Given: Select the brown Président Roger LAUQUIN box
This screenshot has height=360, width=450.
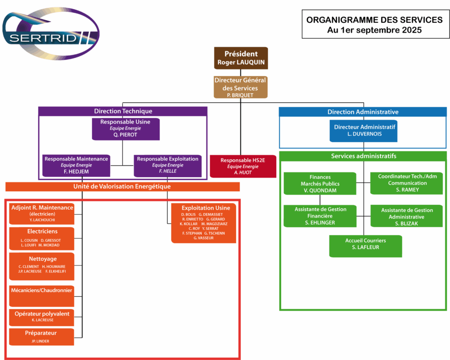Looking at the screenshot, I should tap(241, 58).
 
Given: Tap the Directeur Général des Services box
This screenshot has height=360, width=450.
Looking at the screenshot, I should tap(240, 87).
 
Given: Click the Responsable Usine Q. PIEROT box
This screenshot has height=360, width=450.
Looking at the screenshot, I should tap(125, 128).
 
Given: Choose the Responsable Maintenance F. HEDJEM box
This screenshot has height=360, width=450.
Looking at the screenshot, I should tap(76, 165).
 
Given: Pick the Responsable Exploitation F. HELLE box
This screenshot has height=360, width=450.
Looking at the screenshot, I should tap(167, 165).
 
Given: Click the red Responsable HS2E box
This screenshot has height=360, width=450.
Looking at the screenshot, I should tap(243, 166).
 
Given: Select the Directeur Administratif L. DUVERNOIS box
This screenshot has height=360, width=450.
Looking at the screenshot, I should tap(364, 131).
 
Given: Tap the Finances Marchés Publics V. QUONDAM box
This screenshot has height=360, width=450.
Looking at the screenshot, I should tap(319, 183).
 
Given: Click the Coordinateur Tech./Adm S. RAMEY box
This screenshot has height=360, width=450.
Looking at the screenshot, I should tap(407, 183).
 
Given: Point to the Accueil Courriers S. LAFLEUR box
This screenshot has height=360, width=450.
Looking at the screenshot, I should tap(365, 246).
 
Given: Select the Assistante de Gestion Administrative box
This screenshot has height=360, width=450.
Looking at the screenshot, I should tap(406, 216).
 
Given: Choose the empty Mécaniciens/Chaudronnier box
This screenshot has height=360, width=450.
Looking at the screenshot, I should tap(42, 296).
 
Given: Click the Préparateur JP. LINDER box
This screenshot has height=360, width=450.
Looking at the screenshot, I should tap(42, 336).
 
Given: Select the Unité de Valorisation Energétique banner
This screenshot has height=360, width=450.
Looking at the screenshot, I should tap(122, 187).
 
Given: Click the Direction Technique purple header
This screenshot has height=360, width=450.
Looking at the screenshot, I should tap(123, 111).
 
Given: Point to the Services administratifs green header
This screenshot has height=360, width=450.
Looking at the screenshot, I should tap(363, 156).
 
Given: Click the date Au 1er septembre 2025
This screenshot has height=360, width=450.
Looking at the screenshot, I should tap(374, 30).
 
